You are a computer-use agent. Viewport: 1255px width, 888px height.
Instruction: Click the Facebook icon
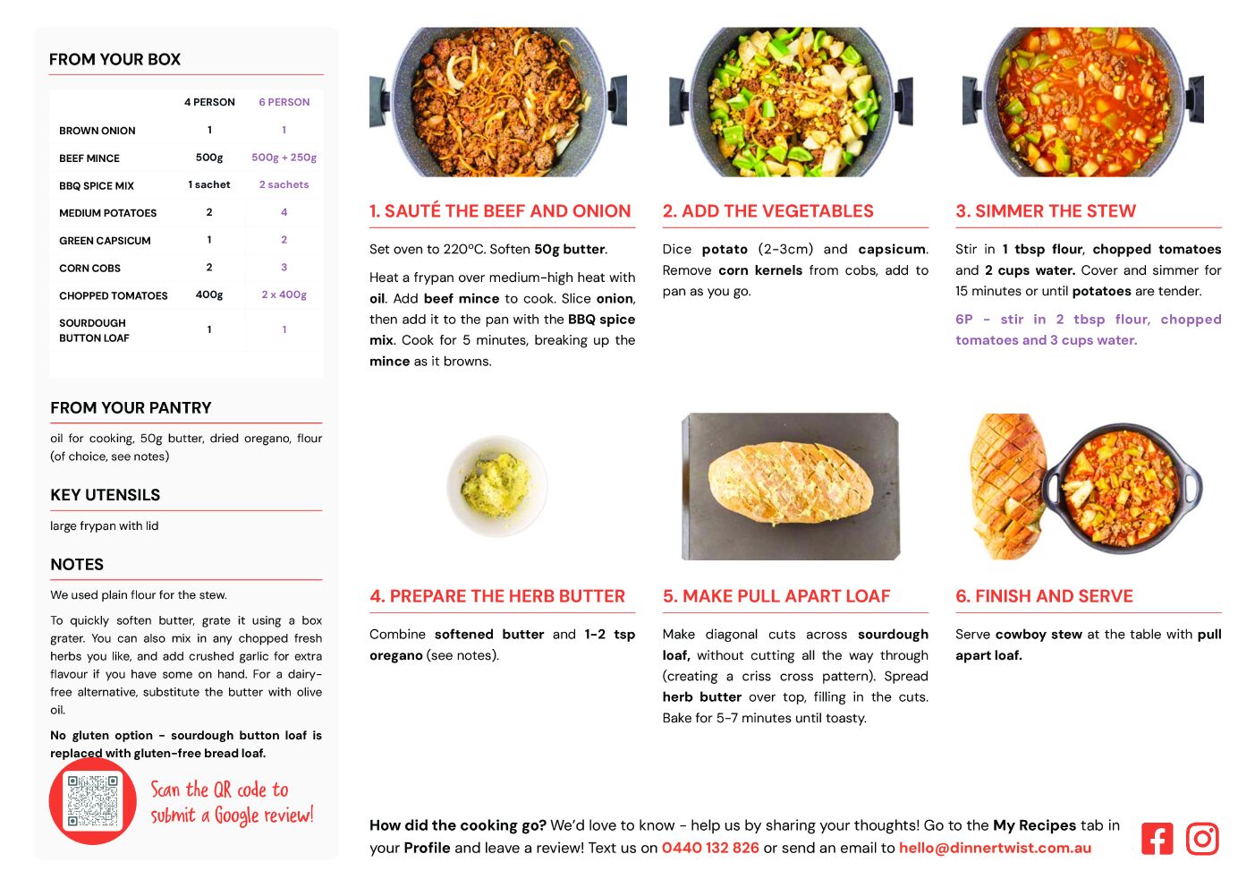click(1157, 838)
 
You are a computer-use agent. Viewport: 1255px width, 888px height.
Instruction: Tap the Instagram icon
click(1202, 838)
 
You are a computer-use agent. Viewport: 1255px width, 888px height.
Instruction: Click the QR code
click(92, 800)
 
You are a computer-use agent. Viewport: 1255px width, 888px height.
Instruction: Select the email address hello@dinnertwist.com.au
click(995, 848)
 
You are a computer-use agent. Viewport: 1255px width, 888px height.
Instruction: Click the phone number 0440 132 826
click(710, 848)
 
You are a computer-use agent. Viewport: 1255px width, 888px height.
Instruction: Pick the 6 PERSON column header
click(284, 102)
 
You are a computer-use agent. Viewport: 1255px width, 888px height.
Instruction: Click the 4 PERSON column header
click(209, 102)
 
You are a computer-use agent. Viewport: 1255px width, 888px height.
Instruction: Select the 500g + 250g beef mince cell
click(284, 158)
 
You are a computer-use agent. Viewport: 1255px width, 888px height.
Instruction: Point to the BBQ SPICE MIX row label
click(97, 185)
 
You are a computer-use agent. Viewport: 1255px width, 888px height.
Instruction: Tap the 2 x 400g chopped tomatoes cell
click(284, 295)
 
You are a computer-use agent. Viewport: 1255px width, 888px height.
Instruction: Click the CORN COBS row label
click(89, 268)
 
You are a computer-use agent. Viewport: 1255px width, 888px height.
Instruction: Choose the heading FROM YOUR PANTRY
click(131, 407)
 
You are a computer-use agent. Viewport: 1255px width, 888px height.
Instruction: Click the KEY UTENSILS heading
click(106, 494)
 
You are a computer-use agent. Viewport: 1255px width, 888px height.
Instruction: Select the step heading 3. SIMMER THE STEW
click(1046, 210)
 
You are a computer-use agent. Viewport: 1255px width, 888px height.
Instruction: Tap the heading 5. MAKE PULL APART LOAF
click(776, 596)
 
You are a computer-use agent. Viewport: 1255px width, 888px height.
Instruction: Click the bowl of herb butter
click(496, 485)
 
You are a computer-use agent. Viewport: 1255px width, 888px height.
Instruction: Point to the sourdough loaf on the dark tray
click(791, 482)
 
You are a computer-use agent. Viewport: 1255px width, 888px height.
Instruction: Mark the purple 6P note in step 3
click(1088, 329)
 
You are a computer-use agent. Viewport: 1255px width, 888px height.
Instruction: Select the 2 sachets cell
click(284, 184)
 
